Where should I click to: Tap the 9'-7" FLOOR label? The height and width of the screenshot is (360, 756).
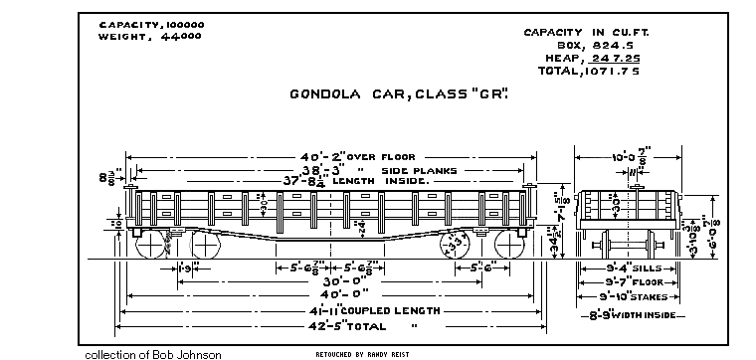[629, 281]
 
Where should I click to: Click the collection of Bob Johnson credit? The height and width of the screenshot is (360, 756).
[153, 354]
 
